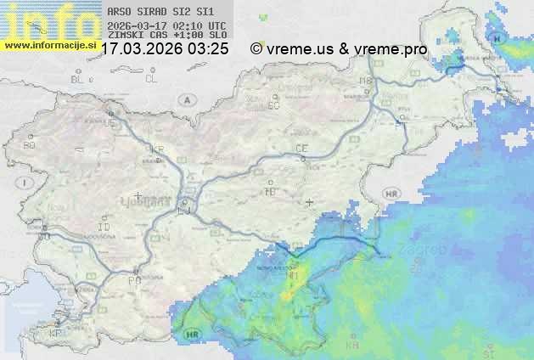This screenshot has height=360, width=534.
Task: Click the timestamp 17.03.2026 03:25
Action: coord(165,49)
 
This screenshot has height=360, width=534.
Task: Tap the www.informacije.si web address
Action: coord(50,44)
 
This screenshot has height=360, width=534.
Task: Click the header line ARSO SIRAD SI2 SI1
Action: coord(161,12)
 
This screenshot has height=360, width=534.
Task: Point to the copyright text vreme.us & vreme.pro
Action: coord(339,49)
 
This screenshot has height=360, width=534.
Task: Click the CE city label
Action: coord(301,149)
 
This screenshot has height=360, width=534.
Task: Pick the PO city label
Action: coord(133,280)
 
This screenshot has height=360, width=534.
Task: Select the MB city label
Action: coord(366,81)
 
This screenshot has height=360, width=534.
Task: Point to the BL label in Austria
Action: coord(78,79)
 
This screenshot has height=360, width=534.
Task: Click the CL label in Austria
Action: coord(151,79)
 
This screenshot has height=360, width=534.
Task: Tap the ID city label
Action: coord(104,228)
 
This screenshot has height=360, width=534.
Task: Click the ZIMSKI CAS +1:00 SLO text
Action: coord(166,34)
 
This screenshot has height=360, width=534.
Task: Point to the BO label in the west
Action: coord(30,146)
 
